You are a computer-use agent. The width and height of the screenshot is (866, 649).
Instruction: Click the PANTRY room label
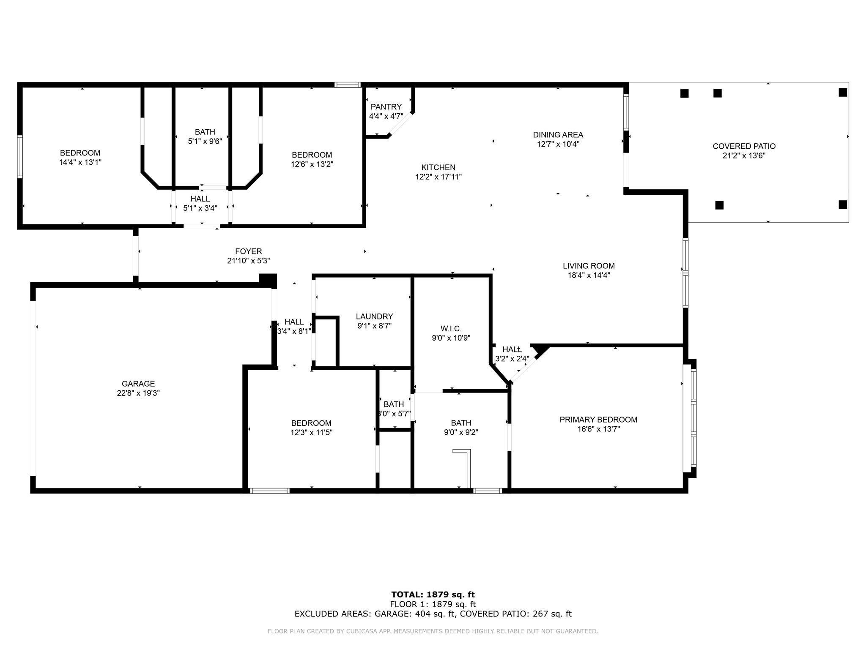(x=386, y=107)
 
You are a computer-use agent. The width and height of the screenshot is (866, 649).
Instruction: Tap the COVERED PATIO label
(x=744, y=146)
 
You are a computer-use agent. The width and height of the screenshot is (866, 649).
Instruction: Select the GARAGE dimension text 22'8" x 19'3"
(x=138, y=393)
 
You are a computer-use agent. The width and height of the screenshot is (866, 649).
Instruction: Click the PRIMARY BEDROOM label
(x=598, y=420)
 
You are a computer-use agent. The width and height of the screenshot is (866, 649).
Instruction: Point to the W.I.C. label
(x=451, y=329)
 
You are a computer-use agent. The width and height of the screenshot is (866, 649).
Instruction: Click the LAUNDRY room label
(x=374, y=316)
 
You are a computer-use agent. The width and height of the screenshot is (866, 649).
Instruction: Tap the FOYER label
(x=248, y=251)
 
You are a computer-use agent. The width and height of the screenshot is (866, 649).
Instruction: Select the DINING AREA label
(x=558, y=135)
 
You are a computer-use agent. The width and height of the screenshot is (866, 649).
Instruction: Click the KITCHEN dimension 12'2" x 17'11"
(x=438, y=177)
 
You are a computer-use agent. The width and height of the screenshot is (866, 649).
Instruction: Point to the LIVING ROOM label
(x=589, y=266)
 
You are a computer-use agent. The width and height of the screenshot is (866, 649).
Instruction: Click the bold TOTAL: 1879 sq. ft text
(x=433, y=595)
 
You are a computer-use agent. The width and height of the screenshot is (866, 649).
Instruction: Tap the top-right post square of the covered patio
(x=842, y=93)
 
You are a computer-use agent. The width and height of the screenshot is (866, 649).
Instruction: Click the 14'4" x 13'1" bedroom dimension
(x=80, y=162)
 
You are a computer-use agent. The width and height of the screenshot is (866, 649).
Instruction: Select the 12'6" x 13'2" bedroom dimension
(x=312, y=164)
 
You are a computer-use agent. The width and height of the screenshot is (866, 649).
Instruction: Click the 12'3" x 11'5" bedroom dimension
(x=311, y=433)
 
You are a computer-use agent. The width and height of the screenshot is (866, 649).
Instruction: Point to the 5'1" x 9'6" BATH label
(x=205, y=132)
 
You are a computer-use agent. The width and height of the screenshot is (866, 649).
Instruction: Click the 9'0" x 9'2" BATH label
(x=461, y=423)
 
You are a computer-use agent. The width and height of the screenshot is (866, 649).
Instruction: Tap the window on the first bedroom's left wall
(x=19, y=157)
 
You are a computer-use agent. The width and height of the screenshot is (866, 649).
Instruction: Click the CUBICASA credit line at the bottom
(x=433, y=631)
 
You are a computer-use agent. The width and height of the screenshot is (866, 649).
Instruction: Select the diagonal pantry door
(x=400, y=124)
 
